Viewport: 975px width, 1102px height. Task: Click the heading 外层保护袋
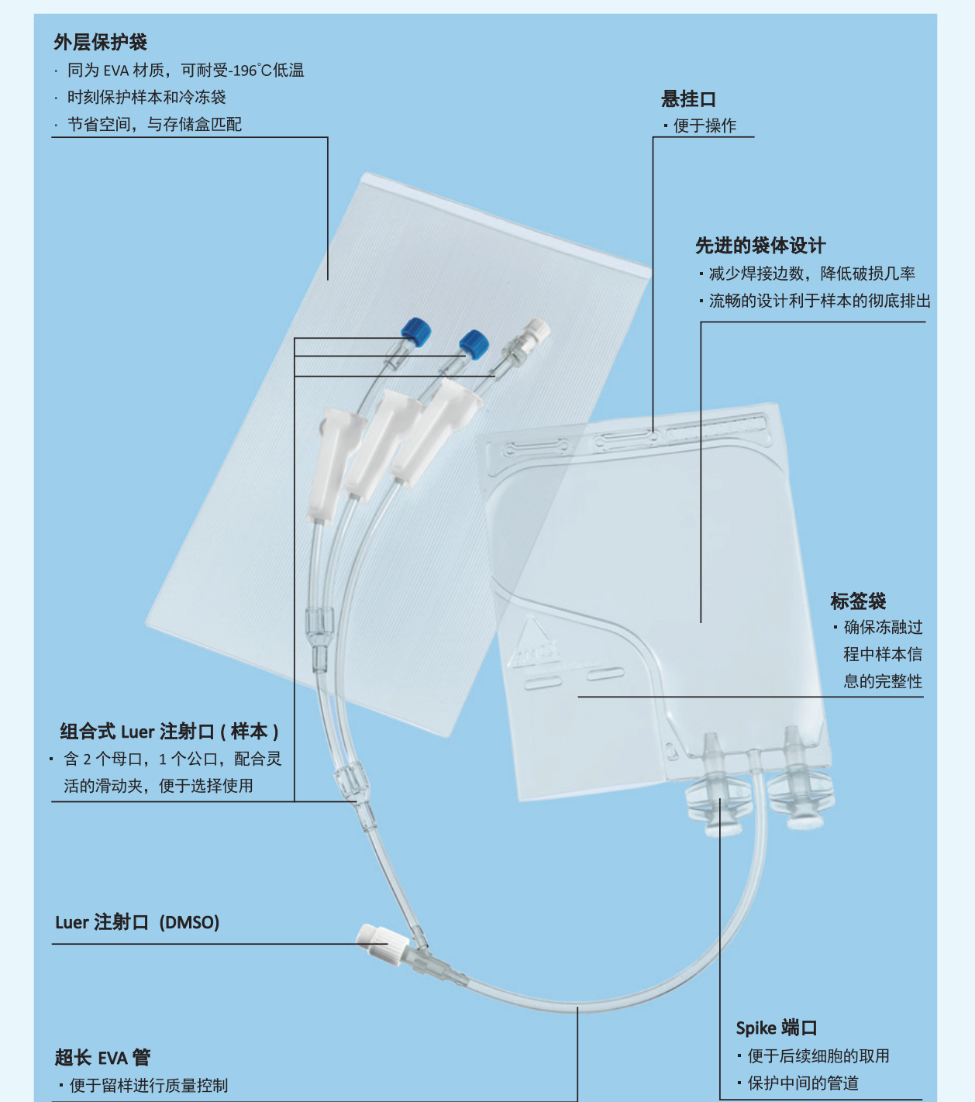100,42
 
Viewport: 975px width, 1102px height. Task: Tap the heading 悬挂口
688,99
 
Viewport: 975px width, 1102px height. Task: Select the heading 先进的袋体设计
760,246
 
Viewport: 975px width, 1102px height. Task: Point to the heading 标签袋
858,601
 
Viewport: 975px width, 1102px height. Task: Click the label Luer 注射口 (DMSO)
137,922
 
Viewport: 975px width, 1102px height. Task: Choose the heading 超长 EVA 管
102,1057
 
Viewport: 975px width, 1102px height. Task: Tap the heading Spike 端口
776,1028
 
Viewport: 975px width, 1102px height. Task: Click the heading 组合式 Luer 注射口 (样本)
169,731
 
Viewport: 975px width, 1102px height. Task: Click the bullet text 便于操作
705,126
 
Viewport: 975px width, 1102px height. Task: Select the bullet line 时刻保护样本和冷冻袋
146,97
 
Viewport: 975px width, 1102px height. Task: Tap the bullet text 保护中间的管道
803,1083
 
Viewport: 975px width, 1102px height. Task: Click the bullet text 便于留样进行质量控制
149,1085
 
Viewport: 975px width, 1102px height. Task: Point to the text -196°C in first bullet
251,71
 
